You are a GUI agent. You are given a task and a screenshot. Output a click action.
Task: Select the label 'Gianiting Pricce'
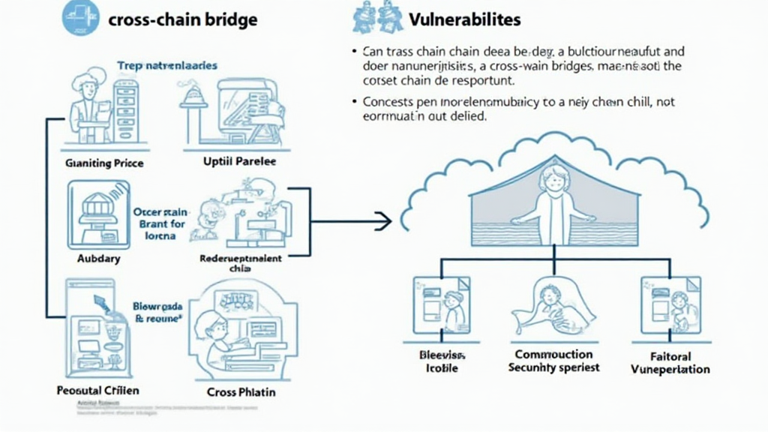(104, 162)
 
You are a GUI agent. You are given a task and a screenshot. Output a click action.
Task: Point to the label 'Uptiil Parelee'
(239, 162)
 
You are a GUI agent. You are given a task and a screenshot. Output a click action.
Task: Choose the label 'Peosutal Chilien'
(97, 391)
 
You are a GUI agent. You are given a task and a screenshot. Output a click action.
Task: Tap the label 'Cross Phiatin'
(240, 391)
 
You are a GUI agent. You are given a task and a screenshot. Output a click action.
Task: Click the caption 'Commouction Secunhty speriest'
(553, 361)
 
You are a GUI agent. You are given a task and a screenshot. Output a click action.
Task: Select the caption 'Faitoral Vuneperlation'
(670, 362)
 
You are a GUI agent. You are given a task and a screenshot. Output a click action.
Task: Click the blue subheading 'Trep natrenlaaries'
(167, 66)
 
